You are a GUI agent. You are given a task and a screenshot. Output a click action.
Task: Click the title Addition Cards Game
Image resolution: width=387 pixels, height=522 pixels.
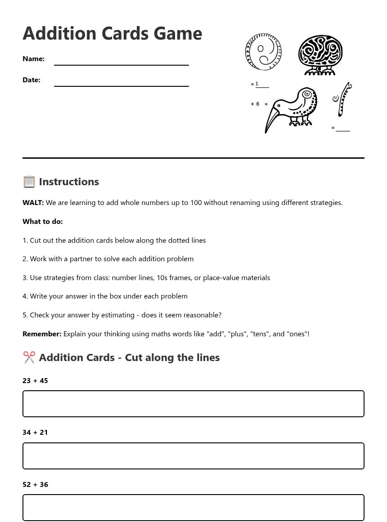[x=112, y=34]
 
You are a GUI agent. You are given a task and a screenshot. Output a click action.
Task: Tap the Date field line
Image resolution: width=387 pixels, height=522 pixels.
[x=121, y=85]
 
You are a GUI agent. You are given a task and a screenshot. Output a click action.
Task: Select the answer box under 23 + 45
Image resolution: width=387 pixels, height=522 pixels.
[x=193, y=404]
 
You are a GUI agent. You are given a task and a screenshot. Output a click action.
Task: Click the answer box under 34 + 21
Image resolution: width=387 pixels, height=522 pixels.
[x=193, y=456]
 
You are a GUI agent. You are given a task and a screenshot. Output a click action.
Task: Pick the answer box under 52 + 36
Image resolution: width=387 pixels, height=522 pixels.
[x=193, y=508]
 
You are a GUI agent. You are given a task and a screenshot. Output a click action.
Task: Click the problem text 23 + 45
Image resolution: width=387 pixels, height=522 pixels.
[x=35, y=381]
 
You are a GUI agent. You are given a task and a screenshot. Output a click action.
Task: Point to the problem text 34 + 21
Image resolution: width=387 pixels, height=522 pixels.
[x=35, y=433]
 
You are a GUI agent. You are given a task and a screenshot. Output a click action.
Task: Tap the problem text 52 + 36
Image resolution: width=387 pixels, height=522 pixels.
[x=35, y=485]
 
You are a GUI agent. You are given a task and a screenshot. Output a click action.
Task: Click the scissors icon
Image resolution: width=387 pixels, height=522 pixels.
[x=29, y=357]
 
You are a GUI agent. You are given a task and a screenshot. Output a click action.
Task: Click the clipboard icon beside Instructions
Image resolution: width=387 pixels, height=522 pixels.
[x=29, y=182]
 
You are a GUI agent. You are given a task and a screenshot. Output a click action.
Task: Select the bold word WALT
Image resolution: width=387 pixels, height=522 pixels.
[x=33, y=203]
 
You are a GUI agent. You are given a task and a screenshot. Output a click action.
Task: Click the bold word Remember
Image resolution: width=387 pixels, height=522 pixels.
[x=42, y=334]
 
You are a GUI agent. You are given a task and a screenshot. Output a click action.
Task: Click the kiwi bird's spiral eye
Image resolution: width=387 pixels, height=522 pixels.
[x=307, y=95]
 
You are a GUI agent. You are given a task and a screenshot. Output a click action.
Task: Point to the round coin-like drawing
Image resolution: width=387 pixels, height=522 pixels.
[x=264, y=52]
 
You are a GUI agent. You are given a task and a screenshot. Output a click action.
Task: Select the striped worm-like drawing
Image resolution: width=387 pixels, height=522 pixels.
[x=344, y=100]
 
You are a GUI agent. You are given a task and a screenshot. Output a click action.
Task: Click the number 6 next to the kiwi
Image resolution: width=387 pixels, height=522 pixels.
[x=258, y=104]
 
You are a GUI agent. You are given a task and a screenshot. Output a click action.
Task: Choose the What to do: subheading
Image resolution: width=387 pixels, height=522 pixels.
[x=43, y=222]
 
